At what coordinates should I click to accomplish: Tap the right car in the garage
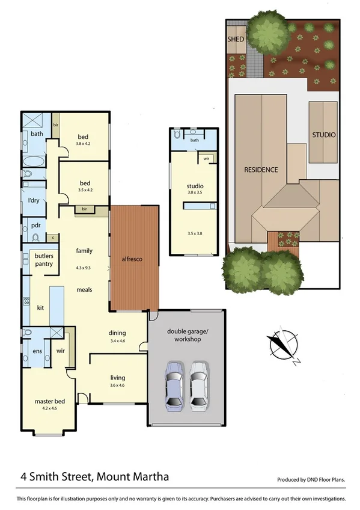[200, 385]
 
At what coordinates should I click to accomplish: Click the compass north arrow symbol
[281, 344]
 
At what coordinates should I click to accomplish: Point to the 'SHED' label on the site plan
[236, 40]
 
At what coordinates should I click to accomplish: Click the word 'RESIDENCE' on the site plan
[261, 170]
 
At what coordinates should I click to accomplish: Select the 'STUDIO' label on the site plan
[323, 135]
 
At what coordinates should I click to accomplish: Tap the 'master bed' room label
[50, 401]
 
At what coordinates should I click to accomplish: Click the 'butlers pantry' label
[44, 260]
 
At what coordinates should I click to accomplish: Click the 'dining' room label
[117, 333]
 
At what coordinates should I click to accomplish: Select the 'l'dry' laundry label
[34, 200]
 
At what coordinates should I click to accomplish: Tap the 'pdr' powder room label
[35, 226]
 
